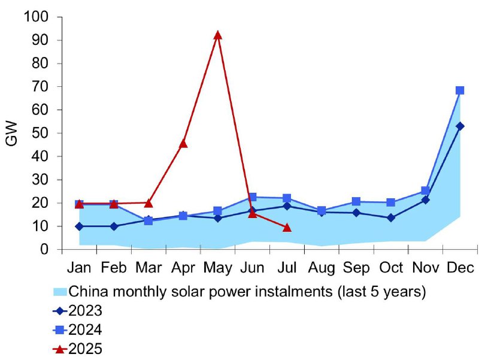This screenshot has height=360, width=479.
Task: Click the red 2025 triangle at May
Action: click(x=217, y=35)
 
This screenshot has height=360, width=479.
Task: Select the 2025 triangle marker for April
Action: click(x=183, y=143)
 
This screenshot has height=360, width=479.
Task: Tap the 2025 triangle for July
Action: click(x=287, y=228)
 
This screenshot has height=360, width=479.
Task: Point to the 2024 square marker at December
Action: click(x=460, y=90)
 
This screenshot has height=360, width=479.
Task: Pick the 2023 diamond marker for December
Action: click(x=460, y=126)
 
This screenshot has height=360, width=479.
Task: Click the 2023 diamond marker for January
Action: click(x=79, y=226)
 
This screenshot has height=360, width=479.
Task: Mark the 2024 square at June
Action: click(x=252, y=197)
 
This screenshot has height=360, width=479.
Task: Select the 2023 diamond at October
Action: click(x=391, y=218)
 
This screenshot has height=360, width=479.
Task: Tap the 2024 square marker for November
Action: click(x=425, y=191)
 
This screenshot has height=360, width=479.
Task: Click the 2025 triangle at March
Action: click(x=148, y=203)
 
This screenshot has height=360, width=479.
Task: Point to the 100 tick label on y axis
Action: click(x=36, y=17)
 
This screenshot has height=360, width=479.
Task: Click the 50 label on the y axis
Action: click(x=40, y=133)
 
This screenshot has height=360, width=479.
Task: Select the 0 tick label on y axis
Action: click(x=44, y=249)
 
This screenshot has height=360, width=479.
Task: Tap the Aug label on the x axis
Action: click(x=322, y=268)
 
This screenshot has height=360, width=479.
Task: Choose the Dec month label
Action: click(x=460, y=268)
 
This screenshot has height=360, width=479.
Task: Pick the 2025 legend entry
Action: click(x=78, y=349)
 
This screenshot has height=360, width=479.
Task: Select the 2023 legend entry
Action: click(x=78, y=311)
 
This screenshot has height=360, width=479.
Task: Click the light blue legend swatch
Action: click(x=60, y=292)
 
